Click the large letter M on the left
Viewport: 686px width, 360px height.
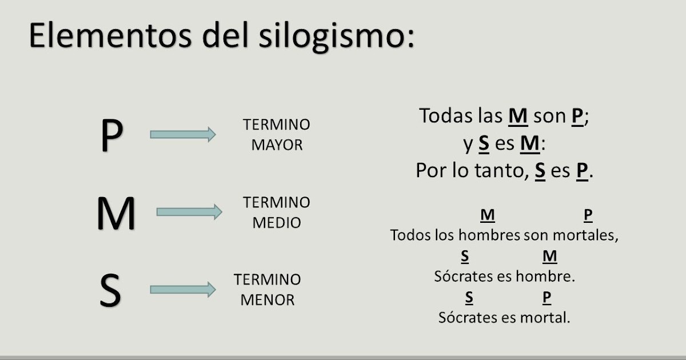tap(116, 213)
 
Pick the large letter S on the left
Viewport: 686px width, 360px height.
tap(110, 290)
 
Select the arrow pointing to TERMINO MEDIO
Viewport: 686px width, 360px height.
tap(189, 212)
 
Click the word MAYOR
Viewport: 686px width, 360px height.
tap(277, 145)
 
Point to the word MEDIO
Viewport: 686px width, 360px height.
tap(277, 223)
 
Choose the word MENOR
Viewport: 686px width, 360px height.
tap(268, 299)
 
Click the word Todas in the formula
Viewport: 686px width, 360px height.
tap(446, 116)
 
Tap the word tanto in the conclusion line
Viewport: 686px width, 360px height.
tap(504, 171)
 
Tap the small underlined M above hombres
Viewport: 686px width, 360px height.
tap(488, 215)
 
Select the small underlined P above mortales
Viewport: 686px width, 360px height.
tap(588, 215)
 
